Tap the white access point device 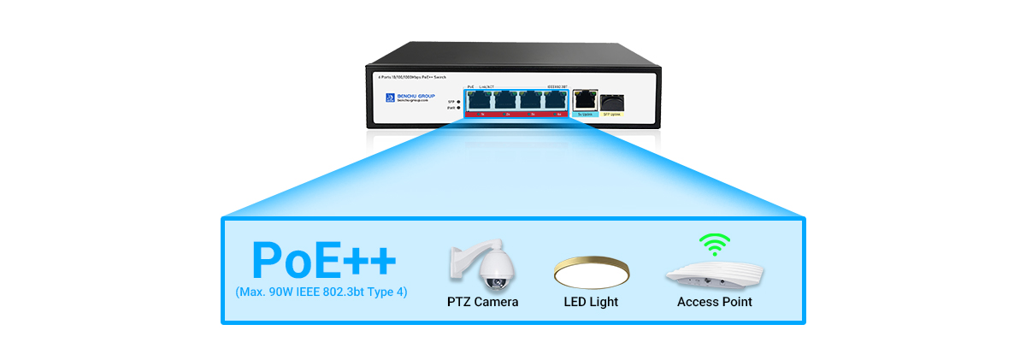tap(714, 275)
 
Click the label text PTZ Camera tap(482, 302)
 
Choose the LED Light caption tap(591, 302)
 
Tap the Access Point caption tap(715, 302)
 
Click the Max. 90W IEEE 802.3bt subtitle tap(321, 292)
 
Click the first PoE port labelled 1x tap(479, 100)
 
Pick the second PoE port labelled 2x tap(506, 100)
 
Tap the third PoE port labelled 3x tap(532, 100)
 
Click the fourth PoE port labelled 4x tap(557, 100)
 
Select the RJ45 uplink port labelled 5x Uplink tap(586, 99)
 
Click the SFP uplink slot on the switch tap(610, 100)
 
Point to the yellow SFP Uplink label tap(610, 114)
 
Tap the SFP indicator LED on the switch tap(459, 101)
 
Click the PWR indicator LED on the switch tap(459, 108)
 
